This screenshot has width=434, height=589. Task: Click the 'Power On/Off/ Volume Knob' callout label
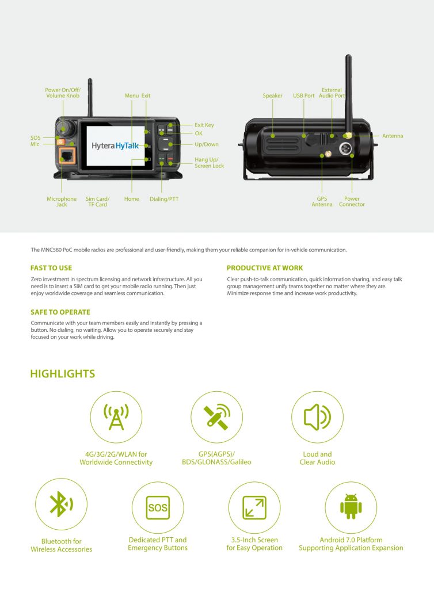click(x=63, y=93)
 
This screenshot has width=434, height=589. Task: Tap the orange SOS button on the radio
click(x=61, y=141)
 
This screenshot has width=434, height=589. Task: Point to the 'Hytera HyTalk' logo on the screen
click(x=115, y=146)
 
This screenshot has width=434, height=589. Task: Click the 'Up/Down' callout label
click(x=206, y=144)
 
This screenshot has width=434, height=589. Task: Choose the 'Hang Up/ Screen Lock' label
click(x=209, y=163)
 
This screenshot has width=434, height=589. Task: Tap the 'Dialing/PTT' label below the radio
click(x=164, y=199)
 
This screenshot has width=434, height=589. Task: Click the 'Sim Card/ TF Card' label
click(x=97, y=202)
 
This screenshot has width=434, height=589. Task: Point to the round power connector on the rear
click(x=346, y=148)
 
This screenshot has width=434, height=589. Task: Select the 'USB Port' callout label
click(x=303, y=96)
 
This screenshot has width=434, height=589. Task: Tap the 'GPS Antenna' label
click(x=322, y=202)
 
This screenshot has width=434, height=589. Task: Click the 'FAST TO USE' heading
click(x=51, y=268)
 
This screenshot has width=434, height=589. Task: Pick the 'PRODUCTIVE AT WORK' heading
click(x=265, y=268)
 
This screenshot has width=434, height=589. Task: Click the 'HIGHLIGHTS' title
click(x=62, y=374)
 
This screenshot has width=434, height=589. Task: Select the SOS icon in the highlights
click(x=158, y=508)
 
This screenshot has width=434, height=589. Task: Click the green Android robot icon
click(x=351, y=507)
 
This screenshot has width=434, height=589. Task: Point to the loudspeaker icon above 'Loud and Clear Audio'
click(x=317, y=417)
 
